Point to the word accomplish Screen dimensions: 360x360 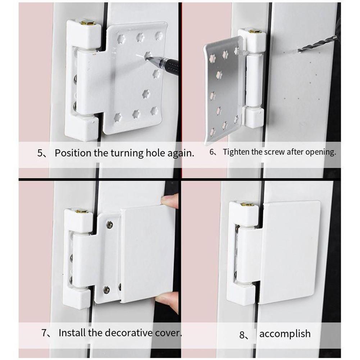(285, 334)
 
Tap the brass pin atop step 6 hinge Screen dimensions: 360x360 (255, 32)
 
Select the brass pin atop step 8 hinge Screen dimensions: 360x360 (247, 204)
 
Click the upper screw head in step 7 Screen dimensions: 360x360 (109, 225)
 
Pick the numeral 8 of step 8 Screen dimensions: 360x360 (243, 335)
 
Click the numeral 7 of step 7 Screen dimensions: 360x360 (44, 333)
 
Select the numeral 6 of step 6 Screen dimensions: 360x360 (212, 152)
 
